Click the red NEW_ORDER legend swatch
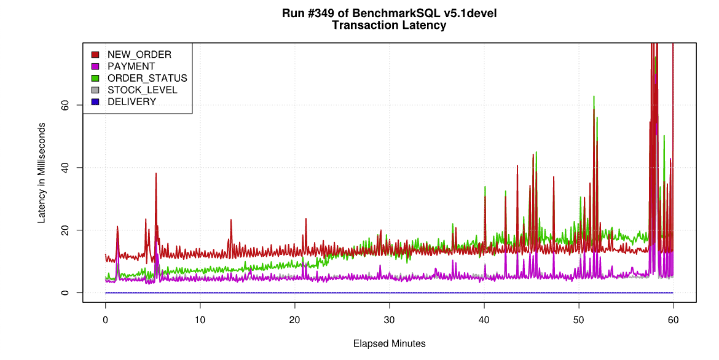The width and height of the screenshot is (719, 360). tap(95, 55)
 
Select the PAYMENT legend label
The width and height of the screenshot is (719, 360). tap(131, 66)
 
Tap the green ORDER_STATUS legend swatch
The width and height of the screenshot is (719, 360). tap(95, 78)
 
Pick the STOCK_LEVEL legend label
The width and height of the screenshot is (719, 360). tap(142, 90)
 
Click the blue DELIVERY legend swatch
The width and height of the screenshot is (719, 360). tap(95, 102)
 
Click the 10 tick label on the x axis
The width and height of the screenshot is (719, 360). tap(200, 320)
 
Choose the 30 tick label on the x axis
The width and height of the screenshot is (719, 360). tap(389, 320)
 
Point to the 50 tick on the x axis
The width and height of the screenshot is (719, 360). tap(579, 320)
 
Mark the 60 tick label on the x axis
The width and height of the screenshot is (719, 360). tap(674, 320)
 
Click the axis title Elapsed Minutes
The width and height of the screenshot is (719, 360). tap(389, 343)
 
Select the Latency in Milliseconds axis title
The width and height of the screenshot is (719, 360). tap(42, 173)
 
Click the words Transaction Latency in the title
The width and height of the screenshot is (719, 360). tap(389, 26)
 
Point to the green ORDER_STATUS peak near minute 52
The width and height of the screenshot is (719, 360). tap(594, 96)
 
